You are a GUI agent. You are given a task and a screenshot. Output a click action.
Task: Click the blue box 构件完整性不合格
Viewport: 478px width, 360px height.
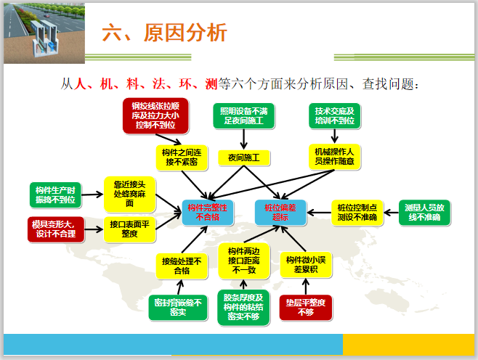208,212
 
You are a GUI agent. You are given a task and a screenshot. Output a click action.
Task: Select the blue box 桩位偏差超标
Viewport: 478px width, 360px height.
280,212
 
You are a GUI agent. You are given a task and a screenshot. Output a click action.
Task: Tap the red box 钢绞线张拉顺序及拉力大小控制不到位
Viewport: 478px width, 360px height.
155,115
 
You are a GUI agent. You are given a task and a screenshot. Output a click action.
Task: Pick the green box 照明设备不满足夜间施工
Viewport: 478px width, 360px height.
243,115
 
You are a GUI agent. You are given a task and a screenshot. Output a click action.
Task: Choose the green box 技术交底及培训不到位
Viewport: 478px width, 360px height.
333,115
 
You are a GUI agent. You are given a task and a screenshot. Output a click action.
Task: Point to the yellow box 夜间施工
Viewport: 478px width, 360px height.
244,157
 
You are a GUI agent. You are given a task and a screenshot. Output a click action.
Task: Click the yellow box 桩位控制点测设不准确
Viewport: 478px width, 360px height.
357,212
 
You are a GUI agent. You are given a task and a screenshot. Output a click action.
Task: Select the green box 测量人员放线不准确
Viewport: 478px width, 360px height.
425,212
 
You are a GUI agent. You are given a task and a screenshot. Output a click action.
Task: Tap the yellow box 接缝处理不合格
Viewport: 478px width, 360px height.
180,266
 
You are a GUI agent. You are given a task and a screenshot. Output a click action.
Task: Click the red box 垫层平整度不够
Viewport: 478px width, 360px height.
305,308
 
